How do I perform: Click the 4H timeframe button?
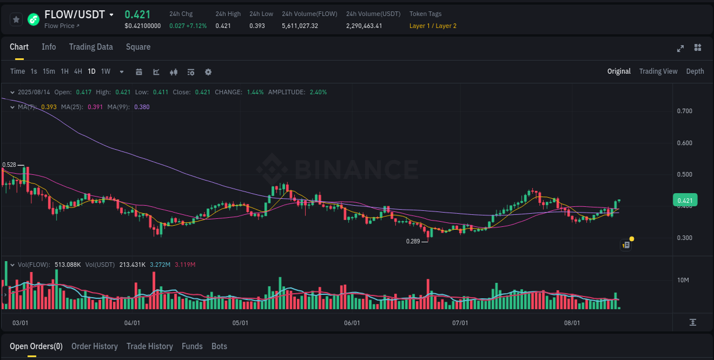[78, 71]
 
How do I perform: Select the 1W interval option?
[106, 71]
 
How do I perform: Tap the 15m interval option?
[49, 71]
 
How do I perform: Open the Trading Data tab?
[91, 47]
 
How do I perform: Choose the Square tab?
[138, 47]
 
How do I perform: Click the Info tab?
[49, 47]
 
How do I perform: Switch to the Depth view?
[695, 71]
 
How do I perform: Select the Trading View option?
[658, 71]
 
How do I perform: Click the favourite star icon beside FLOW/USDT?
[17, 19]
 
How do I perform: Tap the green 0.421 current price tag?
[685, 201]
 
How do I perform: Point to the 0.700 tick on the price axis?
[684, 111]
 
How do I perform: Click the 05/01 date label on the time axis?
[240, 323]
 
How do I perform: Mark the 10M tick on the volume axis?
[684, 280]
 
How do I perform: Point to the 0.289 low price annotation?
[413, 241]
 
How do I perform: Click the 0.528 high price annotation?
[9, 165]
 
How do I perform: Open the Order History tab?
[94, 346]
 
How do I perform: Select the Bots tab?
[219, 346]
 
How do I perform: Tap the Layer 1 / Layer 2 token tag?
[433, 26]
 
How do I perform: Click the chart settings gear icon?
[208, 72]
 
